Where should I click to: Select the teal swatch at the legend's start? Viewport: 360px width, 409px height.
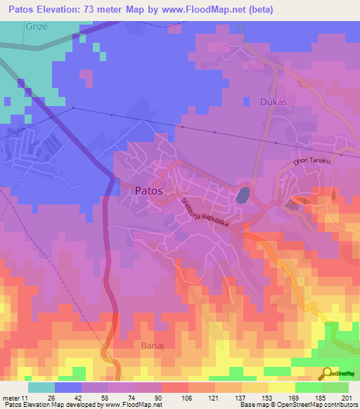tap(41, 387)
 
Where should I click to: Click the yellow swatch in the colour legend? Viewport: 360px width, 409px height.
tap(281, 387)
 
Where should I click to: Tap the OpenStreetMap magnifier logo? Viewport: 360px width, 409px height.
tap(326, 373)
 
